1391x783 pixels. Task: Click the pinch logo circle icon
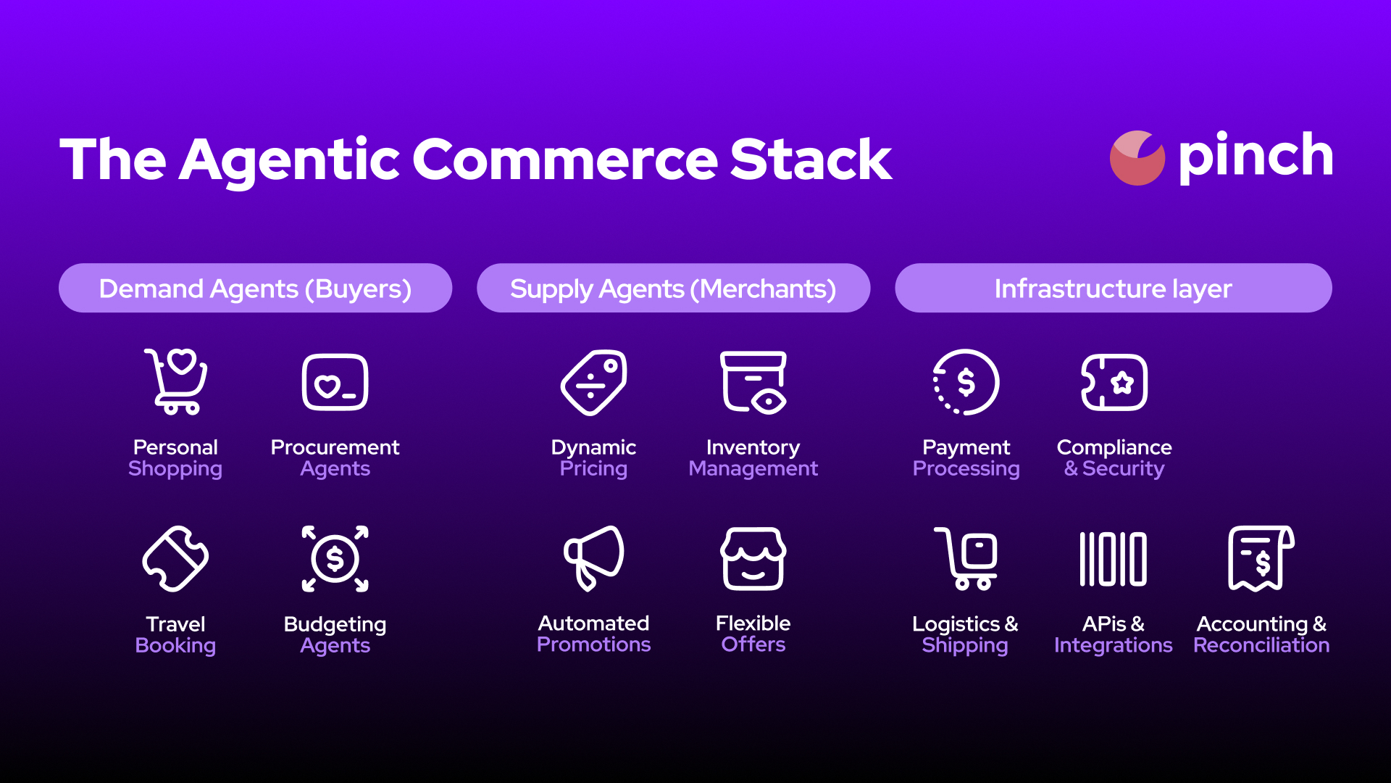click(1137, 158)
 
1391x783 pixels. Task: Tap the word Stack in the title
click(811, 159)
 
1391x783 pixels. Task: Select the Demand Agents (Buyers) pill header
click(255, 288)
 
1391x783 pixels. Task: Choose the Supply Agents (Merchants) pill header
click(673, 288)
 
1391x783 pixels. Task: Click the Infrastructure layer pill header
click(1113, 288)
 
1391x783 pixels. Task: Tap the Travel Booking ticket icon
click(175, 559)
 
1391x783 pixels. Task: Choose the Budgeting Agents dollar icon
click(335, 559)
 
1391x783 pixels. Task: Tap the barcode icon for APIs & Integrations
click(1113, 559)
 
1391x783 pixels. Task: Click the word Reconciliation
click(1261, 645)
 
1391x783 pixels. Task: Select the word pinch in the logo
click(1256, 157)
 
